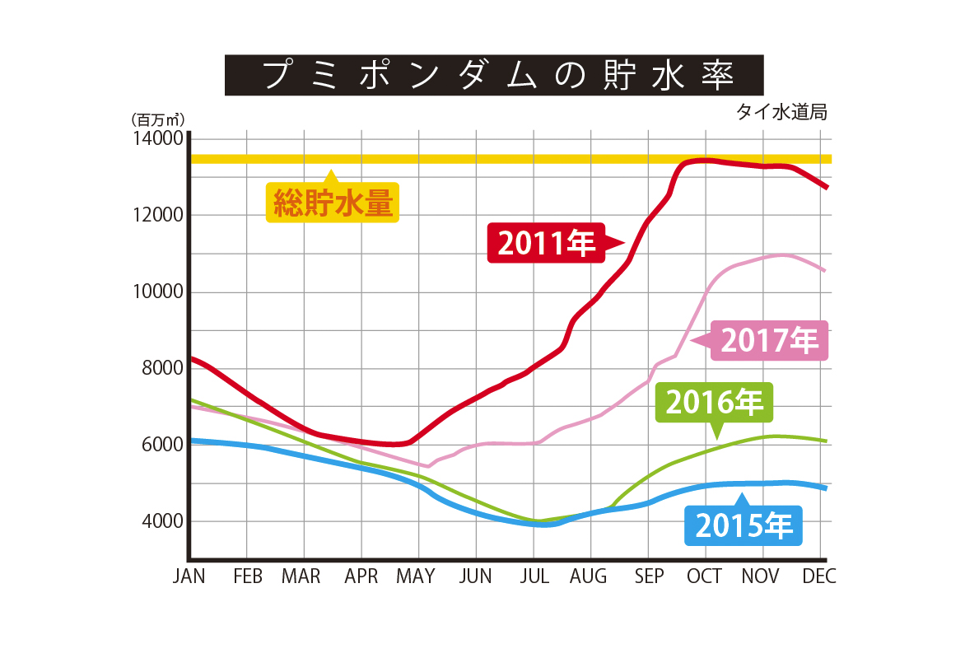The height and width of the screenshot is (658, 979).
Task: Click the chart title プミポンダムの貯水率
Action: click(x=494, y=75)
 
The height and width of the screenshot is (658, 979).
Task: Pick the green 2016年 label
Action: click(x=714, y=403)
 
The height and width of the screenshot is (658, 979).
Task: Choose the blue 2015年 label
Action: click(x=744, y=525)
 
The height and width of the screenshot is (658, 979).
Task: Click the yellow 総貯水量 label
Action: click(x=332, y=202)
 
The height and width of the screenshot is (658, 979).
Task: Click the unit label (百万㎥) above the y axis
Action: click(x=156, y=120)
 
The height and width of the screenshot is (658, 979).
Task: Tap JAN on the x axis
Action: click(x=189, y=576)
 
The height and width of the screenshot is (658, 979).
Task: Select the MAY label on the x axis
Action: click(x=415, y=576)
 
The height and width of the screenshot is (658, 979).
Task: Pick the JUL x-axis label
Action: click(x=534, y=576)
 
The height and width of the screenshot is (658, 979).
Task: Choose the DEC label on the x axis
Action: click(x=818, y=576)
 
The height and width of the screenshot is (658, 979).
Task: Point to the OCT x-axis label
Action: click(x=705, y=576)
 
